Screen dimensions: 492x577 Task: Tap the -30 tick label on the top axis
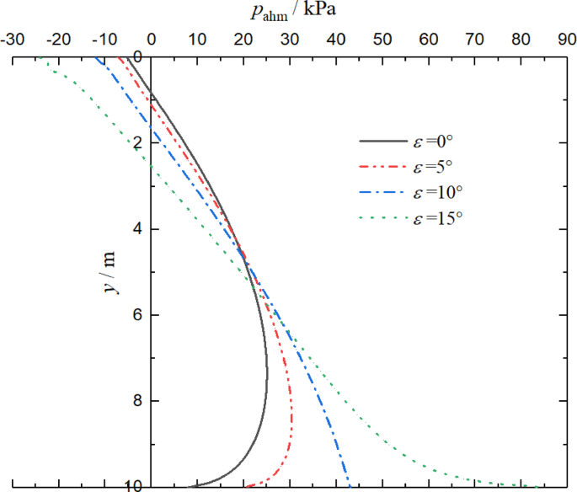point(13,39)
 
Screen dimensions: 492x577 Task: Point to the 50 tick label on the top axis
point(382,39)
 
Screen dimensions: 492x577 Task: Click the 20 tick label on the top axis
point(243,39)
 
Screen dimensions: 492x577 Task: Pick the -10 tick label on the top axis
point(104,39)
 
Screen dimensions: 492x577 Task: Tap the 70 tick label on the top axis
point(474,39)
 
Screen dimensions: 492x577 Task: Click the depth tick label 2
point(138,142)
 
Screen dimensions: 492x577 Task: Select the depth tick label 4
point(138,228)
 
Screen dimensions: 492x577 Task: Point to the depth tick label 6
point(138,315)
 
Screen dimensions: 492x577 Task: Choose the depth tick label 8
point(138,401)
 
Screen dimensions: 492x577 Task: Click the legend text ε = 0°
point(435,141)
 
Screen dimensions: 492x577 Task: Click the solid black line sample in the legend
point(384,142)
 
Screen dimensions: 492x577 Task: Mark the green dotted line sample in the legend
point(384,218)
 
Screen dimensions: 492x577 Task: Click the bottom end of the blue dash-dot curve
point(350,484)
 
